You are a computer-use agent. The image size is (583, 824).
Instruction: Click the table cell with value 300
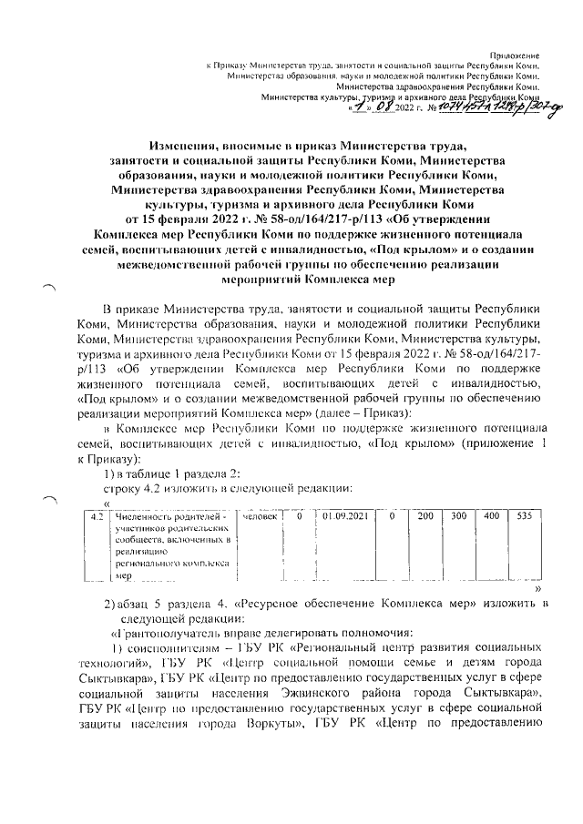pyautogui.click(x=458, y=516)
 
